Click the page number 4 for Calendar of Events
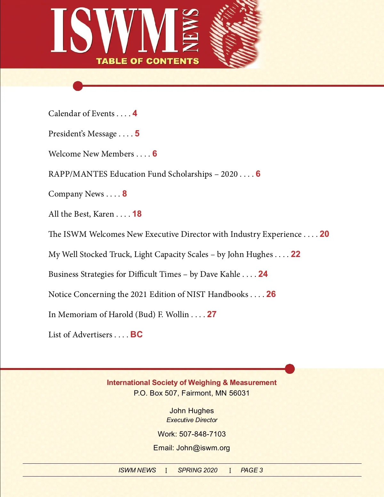point(135,113)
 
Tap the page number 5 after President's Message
point(137,133)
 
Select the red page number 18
point(137,214)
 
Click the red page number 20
point(324,234)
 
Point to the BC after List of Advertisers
point(136,334)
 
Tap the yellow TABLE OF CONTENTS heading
point(148,61)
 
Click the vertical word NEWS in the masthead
point(190,30)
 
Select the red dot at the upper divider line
point(78,86)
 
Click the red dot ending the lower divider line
point(290,369)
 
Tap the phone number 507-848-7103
point(202,434)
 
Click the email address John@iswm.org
point(203,448)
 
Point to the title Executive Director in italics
point(192,420)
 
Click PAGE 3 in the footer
point(252,470)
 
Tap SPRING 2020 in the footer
point(197,470)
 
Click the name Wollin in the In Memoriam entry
point(177,315)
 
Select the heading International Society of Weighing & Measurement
point(192,382)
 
